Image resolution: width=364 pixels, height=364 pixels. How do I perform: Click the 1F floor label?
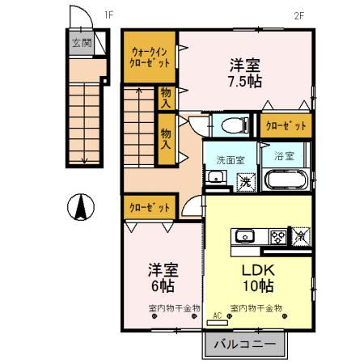(108, 14)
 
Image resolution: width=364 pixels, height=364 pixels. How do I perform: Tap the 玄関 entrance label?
(78, 44)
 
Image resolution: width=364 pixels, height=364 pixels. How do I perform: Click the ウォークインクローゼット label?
(150, 57)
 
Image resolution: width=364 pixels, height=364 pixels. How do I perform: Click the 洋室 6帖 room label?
(162, 277)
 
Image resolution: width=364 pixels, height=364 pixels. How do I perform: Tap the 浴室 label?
(283, 154)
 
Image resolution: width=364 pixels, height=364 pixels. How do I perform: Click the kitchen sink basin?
(244, 236)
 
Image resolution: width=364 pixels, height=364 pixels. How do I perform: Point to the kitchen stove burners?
(277, 236)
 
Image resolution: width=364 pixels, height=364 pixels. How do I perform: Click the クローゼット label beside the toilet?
(285, 125)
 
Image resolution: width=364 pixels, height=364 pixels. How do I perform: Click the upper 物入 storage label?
(166, 97)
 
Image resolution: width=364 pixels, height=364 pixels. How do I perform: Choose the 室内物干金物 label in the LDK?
(256, 308)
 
